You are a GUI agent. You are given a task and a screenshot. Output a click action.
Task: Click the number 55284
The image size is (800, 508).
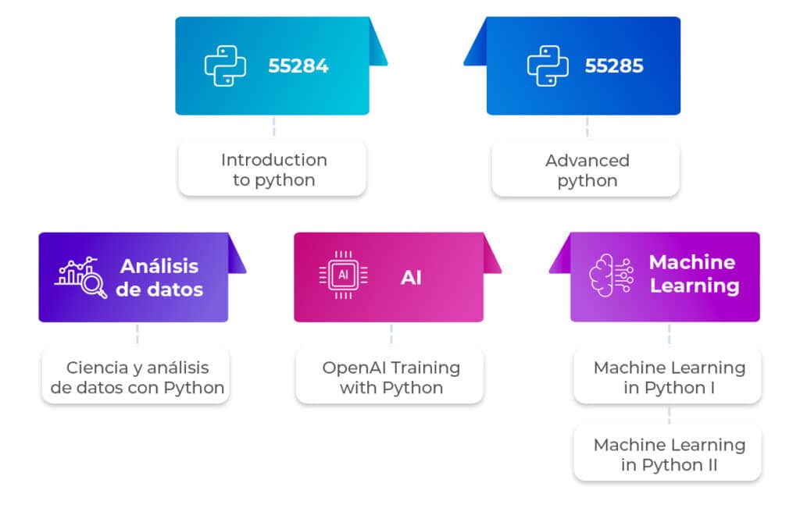(298, 66)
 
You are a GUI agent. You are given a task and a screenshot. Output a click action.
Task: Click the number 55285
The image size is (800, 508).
(614, 66)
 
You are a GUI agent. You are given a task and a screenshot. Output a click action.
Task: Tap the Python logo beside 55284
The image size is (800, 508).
(225, 66)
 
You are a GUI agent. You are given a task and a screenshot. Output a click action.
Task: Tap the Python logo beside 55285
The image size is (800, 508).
(547, 66)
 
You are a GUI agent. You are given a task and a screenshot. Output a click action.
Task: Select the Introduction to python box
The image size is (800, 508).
(272, 169)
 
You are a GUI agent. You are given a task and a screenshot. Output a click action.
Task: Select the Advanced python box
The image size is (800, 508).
(586, 169)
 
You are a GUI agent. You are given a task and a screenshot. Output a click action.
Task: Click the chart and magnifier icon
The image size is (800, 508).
(81, 277)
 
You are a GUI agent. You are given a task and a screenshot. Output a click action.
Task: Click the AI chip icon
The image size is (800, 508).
(343, 275)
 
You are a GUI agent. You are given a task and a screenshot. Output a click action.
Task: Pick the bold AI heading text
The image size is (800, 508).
(411, 277)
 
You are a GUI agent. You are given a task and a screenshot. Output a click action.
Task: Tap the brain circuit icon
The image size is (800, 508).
(610, 275)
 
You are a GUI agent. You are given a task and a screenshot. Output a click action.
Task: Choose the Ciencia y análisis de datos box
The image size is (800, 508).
(136, 377)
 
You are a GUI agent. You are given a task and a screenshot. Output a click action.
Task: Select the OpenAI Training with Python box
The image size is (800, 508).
(391, 377)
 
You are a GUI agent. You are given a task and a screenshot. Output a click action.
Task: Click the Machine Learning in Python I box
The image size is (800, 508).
(669, 377)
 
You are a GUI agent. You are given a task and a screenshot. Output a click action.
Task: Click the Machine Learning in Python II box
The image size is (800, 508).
(669, 454)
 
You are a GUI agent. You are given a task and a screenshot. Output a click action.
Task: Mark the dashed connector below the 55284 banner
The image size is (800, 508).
(273, 127)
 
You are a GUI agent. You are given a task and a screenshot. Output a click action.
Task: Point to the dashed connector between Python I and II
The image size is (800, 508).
(669, 414)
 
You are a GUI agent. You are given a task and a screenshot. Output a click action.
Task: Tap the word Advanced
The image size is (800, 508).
(587, 160)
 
